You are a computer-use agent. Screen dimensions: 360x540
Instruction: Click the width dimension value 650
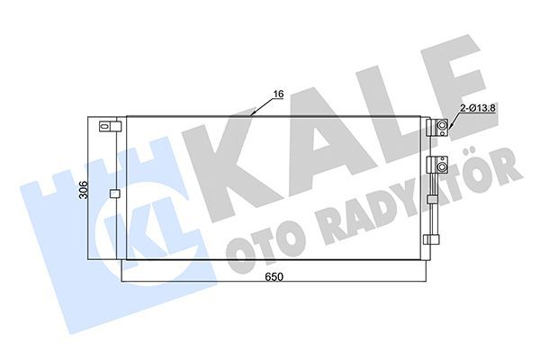[x=274, y=276]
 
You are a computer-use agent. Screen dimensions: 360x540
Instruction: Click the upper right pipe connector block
[x=441, y=128]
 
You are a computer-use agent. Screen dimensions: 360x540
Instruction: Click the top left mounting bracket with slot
[x=109, y=127]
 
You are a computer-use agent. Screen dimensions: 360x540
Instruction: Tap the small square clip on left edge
[x=113, y=193]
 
